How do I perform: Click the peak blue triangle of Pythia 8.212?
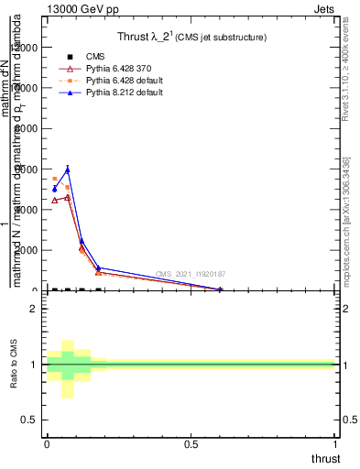coord(67,169)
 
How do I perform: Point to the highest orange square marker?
coord(54,180)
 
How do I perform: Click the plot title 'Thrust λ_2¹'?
coord(192,38)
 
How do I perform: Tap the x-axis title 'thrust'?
coord(325,458)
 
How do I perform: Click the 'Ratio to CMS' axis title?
coord(14,365)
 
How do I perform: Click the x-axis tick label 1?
coord(334,444)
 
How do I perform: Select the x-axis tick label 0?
coord(47,444)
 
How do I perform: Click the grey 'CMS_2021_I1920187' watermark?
coord(190,274)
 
